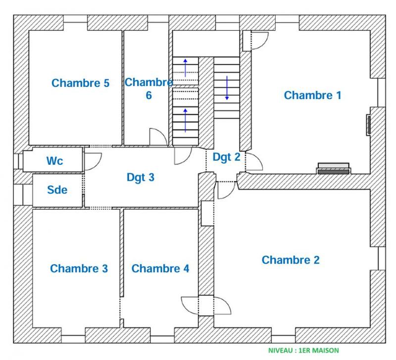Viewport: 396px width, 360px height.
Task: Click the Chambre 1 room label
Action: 312,95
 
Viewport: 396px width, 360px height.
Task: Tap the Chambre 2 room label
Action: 291,260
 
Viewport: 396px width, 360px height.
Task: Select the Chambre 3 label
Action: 79,269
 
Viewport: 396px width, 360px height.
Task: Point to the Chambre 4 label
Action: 160,269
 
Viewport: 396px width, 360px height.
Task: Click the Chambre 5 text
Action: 80,83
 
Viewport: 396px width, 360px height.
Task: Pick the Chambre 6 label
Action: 148,89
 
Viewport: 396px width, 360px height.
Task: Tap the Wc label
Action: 55,161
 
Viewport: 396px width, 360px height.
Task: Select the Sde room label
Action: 57,190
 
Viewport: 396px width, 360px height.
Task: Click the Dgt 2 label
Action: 226,157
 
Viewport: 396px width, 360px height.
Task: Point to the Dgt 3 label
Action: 141,177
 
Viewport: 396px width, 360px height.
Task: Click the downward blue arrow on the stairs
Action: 227,88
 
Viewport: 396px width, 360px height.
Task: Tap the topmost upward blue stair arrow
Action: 186,67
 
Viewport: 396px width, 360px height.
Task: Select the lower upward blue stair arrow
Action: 186,120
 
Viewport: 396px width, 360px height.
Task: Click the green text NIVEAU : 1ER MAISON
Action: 303,351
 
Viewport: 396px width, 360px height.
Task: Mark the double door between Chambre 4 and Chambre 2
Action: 205,305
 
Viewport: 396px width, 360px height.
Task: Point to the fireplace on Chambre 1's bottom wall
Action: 334,168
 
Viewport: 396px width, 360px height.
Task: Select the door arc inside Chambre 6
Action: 158,137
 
